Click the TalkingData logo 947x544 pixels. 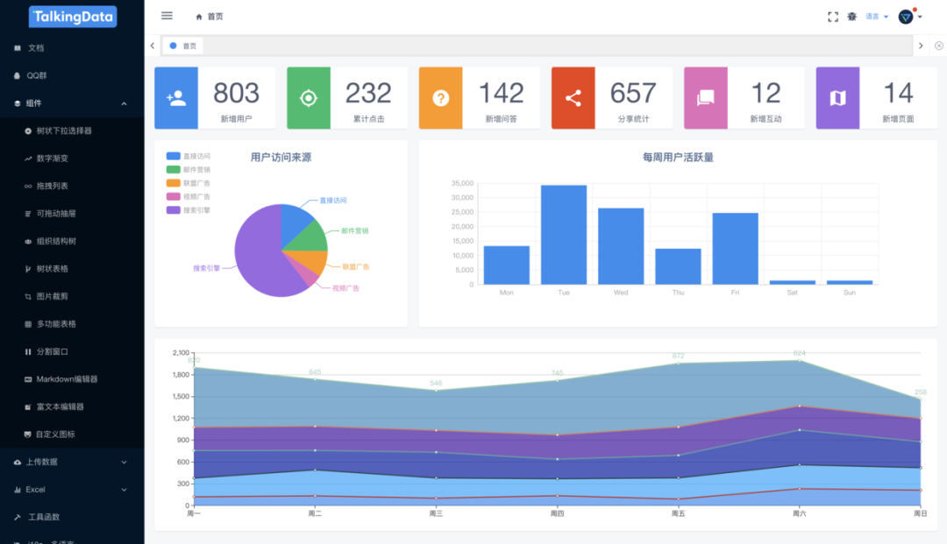(x=72, y=17)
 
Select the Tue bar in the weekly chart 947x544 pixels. (x=564, y=235)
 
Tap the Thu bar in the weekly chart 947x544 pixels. (x=678, y=266)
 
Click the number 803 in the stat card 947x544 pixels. (x=236, y=93)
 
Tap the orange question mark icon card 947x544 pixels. (x=440, y=98)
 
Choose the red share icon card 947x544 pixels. (x=573, y=98)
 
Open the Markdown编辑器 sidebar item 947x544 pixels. (x=67, y=379)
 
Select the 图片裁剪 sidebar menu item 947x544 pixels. (x=52, y=296)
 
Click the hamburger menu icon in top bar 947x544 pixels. (x=167, y=16)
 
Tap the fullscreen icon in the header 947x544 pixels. (x=833, y=17)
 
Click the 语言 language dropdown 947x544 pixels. (x=876, y=17)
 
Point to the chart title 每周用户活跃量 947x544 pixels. (x=678, y=158)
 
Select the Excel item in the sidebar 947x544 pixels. (x=36, y=490)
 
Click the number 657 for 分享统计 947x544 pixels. (x=632, y=93)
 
